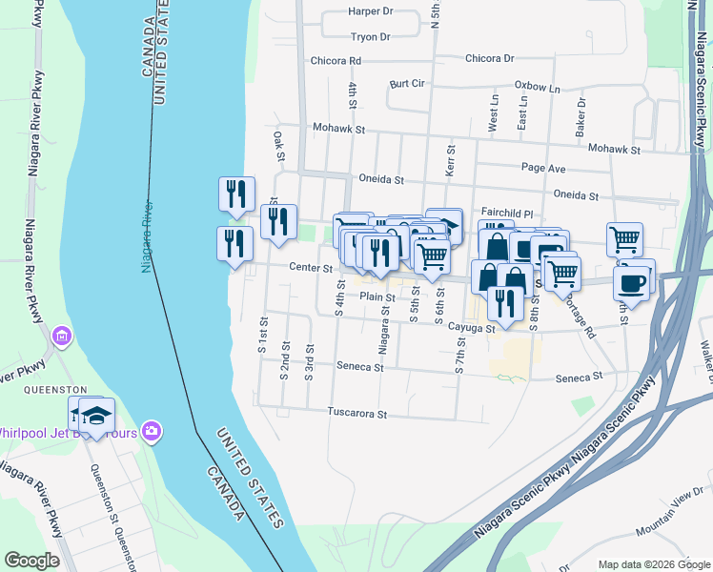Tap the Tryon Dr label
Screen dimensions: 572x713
(x=371, y=37)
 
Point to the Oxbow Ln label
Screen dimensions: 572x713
(x=537, y=87)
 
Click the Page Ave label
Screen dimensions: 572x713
(x=543, y=168)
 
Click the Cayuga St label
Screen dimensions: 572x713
(x=471, y=328)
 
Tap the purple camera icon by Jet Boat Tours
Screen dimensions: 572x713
(x=152, y=433)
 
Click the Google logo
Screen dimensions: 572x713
(x=31, y=561)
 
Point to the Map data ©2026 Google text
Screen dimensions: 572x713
(x=653, y=564)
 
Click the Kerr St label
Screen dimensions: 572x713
(x=450, y=159)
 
